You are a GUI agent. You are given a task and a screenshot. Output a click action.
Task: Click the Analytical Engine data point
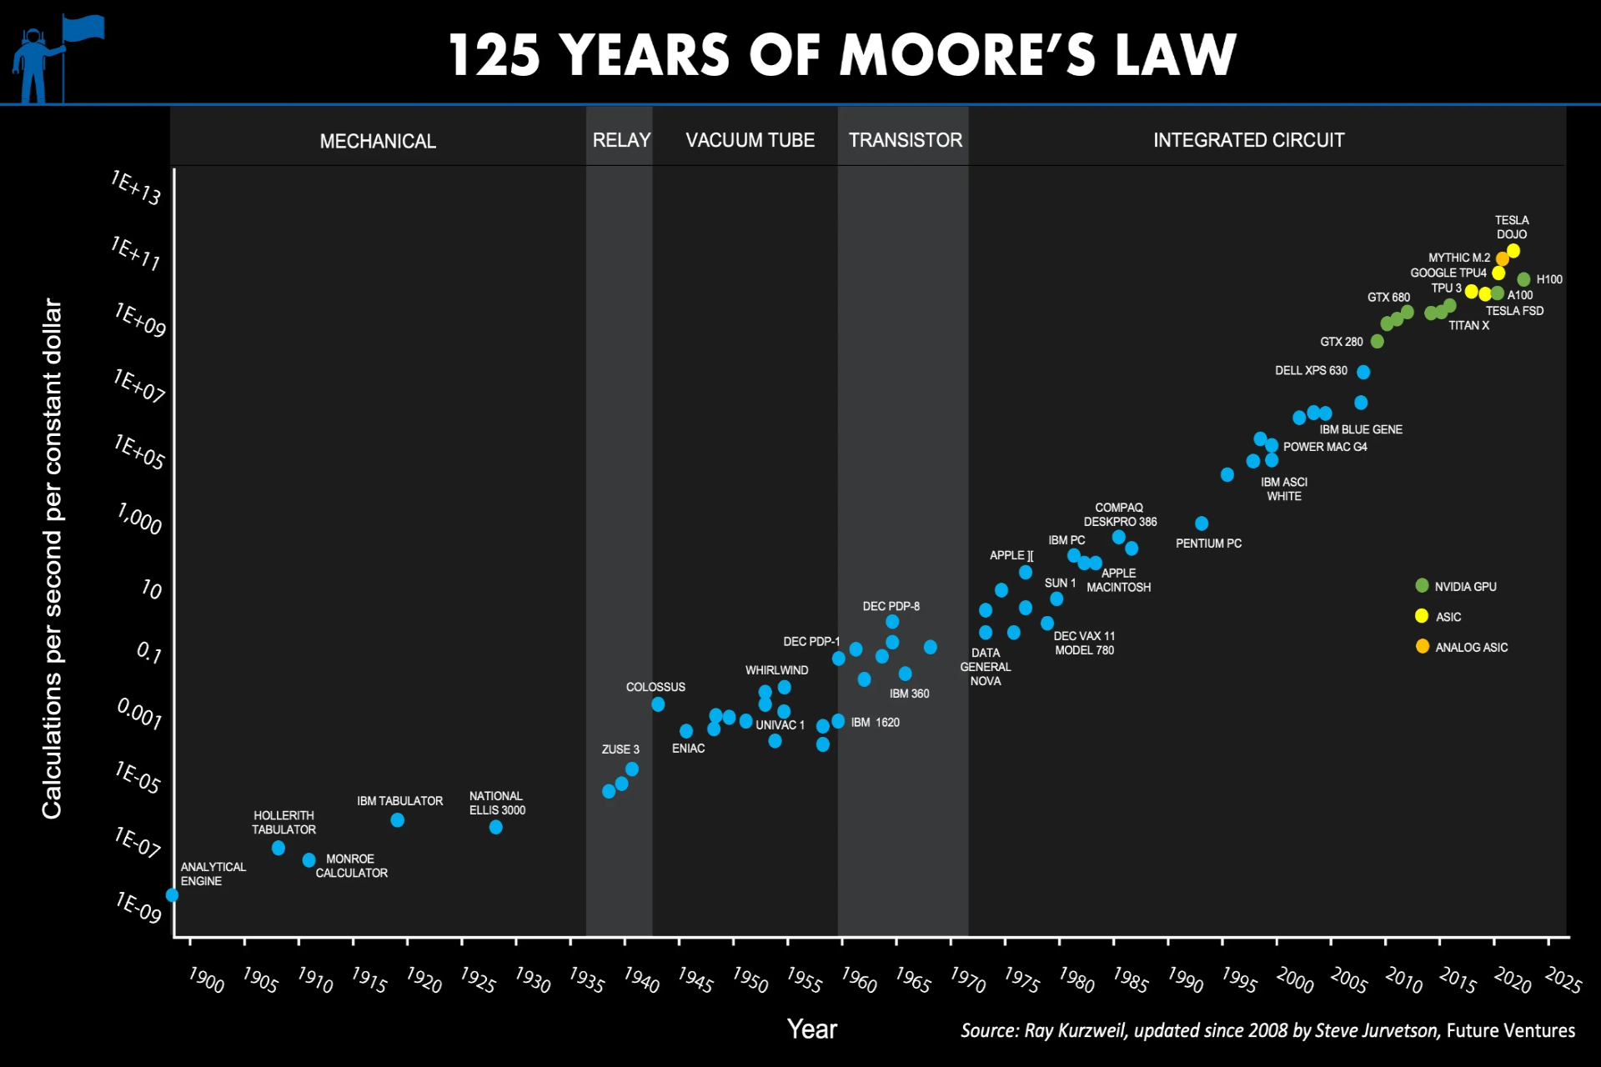(x=172, y=894)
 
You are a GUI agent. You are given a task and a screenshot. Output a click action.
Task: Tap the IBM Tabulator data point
(x=398, y=820)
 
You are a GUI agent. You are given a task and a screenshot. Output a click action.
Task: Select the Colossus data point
(x=658, y=704)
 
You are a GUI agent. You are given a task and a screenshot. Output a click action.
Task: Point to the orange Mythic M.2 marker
(x=1502, y=259)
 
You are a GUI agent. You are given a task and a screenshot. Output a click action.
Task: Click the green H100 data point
(x=1523, y=279)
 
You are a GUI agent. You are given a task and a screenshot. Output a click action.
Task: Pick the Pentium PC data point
(x=1202, y=523)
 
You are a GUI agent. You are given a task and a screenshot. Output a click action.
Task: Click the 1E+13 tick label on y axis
(x=136, y=188)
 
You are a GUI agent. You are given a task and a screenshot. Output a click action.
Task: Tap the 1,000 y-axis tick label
(x=139, y=518)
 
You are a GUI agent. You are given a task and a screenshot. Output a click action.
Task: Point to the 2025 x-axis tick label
(x=1563, y=979)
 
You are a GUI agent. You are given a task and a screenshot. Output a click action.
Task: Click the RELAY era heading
(x=621, y=140)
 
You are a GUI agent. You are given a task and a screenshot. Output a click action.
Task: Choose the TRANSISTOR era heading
(x=906, y=140)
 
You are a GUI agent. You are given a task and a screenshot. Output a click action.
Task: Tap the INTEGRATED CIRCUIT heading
(x=1248, y=140)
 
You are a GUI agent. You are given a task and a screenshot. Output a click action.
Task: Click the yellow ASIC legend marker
(x=1422, y=616)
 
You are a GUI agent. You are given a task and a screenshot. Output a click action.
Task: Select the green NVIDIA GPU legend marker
(x=1422, y=586)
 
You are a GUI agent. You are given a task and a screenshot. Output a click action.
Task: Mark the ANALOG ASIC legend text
(x=1472, y=647)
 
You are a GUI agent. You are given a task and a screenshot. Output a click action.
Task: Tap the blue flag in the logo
(x=83, y=28)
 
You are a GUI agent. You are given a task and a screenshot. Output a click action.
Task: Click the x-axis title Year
(x=812, y=1029)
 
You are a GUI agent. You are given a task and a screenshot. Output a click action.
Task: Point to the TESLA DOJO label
(x=1512, y=228)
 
